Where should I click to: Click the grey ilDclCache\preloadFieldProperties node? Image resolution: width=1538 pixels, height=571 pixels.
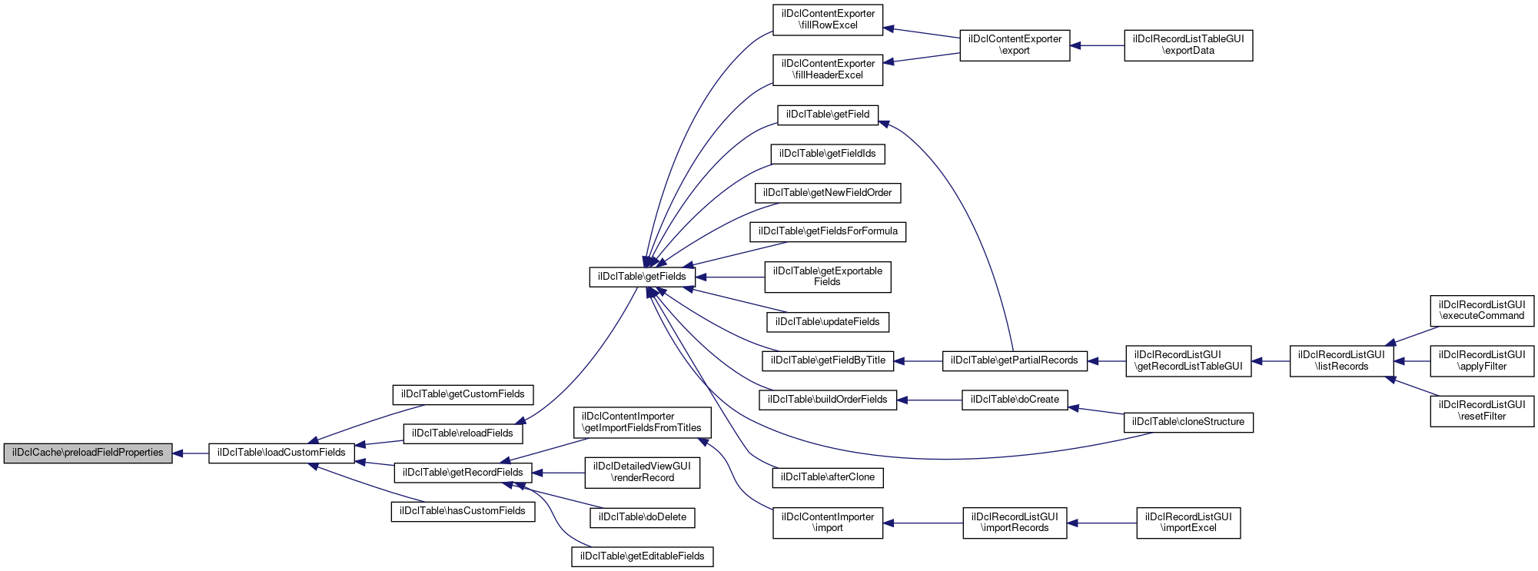pyautogui.click(x=88, y=453)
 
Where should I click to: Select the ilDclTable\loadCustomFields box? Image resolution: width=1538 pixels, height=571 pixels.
pyautogui.click(x=281, y=453)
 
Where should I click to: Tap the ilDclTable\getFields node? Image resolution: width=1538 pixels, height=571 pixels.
pyautogui.click(x=642, y=277)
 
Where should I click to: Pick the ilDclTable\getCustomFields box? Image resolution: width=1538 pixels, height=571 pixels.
pyautogui.click(x=463, y=395)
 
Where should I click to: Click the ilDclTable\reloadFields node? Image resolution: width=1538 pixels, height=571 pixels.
pyautogui.click(x=462, y=433)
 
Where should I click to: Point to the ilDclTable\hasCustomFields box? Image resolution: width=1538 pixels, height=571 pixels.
pyautogui.click(x=462, y=512)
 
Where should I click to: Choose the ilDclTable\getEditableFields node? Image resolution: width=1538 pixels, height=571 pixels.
pyautogui.click(x=642, y=556)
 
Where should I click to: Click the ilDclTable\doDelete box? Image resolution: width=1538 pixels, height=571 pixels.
pyautogui.click(x=642, y=517)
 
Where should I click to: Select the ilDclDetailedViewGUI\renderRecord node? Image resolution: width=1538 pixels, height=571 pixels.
pyautogui.click(x=642, y=473)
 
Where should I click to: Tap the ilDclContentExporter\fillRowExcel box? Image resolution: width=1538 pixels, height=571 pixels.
pyautogui.click(x=828, y=20)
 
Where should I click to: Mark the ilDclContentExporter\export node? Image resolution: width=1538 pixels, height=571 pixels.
pyautogui.click(x=1015, y=45)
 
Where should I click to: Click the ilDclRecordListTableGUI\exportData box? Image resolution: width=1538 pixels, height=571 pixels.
pyautogui.click(x=1188, y=45)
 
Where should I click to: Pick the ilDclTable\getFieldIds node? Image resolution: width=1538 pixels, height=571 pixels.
pyautogui.click(x=828, y=154)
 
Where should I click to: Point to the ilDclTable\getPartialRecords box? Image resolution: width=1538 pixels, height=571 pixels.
pyautogui.click(x=1015, y=360)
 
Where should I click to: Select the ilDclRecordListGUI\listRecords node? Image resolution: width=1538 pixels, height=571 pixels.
pyautogui.click(x=1341, y=360)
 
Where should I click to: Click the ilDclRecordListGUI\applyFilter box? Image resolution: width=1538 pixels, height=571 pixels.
pyautogui.click(x=1482, y=360)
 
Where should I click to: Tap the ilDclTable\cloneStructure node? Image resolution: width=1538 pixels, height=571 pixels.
pyautogui.click(x=1188, y=422)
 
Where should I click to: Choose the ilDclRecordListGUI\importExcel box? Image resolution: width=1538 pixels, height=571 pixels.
pyautogui.click(x=1188, y=523)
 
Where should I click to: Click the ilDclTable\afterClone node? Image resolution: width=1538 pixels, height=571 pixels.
pyautogui.click(x=828, y=477)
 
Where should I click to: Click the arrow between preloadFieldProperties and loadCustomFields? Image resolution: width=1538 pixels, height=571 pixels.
pyautogui.click(x=191, y=453)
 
